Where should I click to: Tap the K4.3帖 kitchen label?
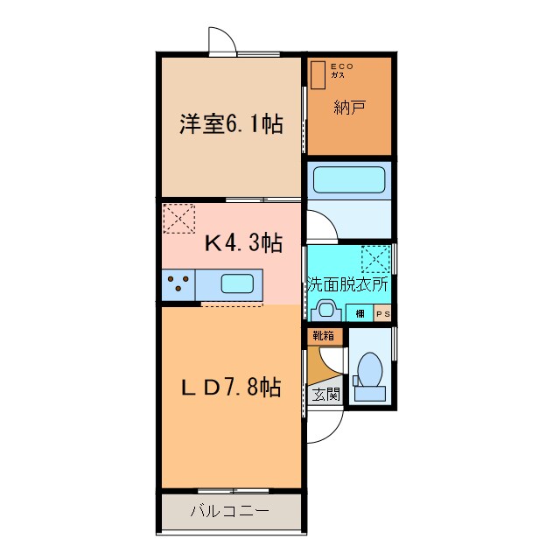(x=242, y=242)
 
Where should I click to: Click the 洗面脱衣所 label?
(x=347, y=285)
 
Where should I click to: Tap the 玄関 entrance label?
(x=326, y=395)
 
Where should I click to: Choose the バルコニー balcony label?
(x=229, y=512)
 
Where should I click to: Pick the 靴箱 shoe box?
(x=321, y=335)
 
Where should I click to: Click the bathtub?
(x=349, y=181)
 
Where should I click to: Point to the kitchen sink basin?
(x=239, y=283)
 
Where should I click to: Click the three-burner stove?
(x=178, y=284)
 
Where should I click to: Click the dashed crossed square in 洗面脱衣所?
(x=375, y=260)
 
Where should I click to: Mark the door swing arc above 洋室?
(x=222, y=40)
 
